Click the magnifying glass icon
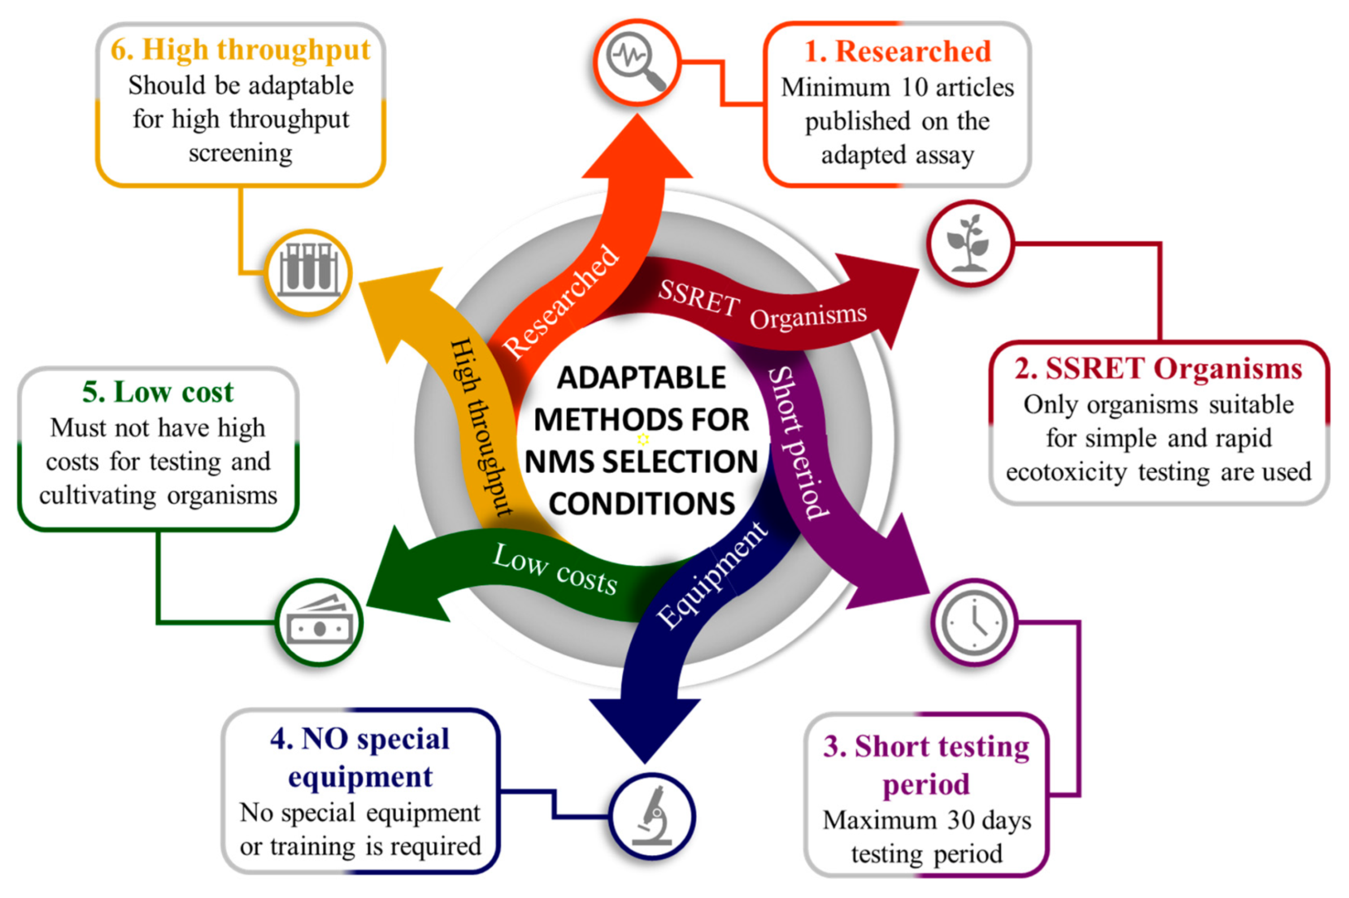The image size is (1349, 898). [x=636, y=62]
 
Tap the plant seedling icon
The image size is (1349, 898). [x=969, y=243]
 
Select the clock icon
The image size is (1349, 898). [x=974, y=622]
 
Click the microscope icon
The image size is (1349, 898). [x=652, y=816]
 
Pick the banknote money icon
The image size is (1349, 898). [x=319, y=622]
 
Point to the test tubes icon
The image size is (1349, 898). [x=308, y=272]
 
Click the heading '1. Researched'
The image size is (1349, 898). [x=897, y=51]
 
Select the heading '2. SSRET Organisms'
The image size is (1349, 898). [x=1158, y=368]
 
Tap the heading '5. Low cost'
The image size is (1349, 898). [x=158, y=393]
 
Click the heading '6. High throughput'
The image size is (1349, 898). [x=241, y=49]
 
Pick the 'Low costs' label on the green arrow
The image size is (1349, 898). [x=555, y=569]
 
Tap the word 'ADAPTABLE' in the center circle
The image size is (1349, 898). [x=641, y=378]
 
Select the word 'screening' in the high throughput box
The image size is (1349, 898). [x=241, y=153]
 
